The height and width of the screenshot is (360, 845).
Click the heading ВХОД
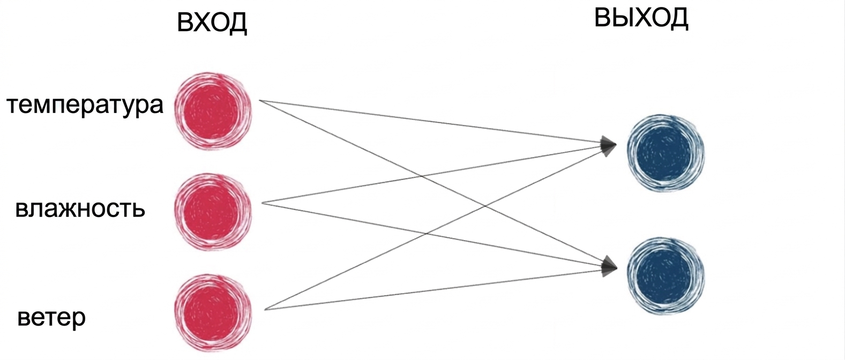pyautogui.click(x=212, y=22)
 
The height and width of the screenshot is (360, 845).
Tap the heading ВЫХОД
pyautogui.click(x=641, y=18)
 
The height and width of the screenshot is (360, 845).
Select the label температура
pyautogui.click(x=85, y=105)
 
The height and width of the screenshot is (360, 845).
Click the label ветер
pyautogui.click(x=51, y=318)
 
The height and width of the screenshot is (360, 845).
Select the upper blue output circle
pyautogui.click(x=665, y=153)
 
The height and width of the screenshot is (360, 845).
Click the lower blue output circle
pyautogui.click(x=665, y=275)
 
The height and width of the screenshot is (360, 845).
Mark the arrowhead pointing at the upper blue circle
pyautogui.click(x=608, y=146)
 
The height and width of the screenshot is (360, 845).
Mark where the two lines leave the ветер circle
pyautogui.click(x=265, y=310)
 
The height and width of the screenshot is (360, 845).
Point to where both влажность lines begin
pyautogui.click(x=262, y=203)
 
